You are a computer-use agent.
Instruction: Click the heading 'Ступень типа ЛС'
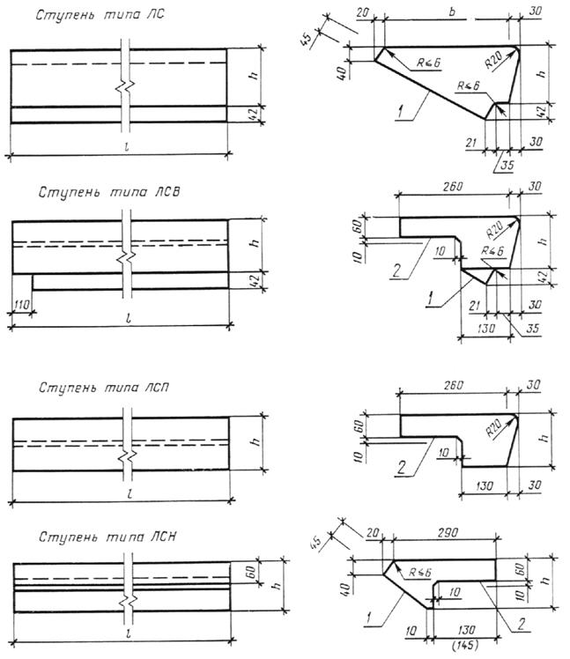click(100, 15)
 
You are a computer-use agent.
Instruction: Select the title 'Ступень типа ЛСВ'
click(109, 192)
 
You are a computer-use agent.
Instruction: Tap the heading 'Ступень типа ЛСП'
click(104, 387)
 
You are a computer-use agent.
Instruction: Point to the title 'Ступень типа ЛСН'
click(107, 537)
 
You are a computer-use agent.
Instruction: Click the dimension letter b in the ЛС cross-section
click(452, 11)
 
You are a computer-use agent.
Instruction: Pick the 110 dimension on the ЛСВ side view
click(20, 303)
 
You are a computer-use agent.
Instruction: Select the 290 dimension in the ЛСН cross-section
click(448, 532)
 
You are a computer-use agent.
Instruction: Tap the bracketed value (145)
click(465, 645)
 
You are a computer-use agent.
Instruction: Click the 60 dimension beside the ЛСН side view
click(251, 572)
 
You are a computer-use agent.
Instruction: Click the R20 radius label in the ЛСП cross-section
click(493, 429)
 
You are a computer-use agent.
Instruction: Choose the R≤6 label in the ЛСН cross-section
click(420, 573)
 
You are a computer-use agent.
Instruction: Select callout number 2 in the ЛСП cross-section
click(402, 467)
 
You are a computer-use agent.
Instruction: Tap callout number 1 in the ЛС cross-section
click(401, 112)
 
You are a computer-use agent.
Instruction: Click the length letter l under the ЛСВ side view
click(129, 318)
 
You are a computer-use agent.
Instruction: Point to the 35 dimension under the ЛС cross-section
click(507, 165)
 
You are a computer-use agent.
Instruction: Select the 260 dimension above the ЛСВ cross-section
click(452, 186)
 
